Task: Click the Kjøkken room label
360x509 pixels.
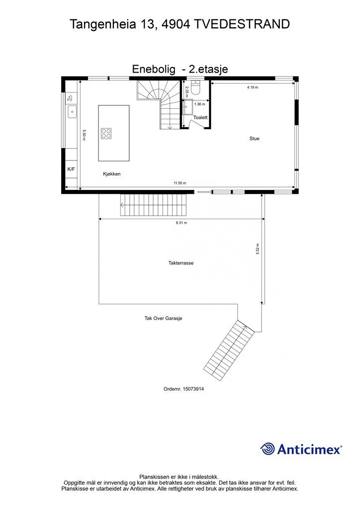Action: click(x=112, y=174)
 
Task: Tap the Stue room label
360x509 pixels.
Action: click(x=255, y=139)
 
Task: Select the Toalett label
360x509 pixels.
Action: click(x=200, y=118)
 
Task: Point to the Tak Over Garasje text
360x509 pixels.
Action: click(x=160, y=318)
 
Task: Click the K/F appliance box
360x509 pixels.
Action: click(x=71, y=170)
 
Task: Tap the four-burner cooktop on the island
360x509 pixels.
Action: click(x=106, y=133)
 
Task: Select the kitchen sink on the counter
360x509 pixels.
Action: click(x=72, y=112)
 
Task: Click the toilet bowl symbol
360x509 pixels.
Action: click(x=195, y=89)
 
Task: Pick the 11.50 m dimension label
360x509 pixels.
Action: click(x=180, y=183)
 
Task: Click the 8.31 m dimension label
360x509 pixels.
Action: click(x=181, y=223)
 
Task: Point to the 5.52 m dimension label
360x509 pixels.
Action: click(x=258, y=249)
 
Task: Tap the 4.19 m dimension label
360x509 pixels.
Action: click(x=253, y=87)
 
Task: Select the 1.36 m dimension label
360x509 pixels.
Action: click(x=199, y=104)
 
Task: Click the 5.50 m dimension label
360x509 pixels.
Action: click(x=85, y=135)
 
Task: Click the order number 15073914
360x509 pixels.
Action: click(x=183, y=389)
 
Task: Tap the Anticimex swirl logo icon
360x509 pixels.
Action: click(x=268, y=449)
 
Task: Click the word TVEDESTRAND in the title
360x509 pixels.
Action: click(x=243, y=23)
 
